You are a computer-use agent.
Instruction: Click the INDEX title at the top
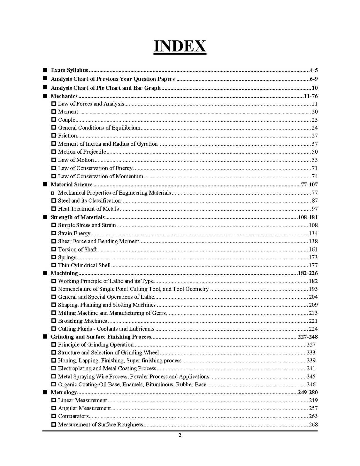[180, 46]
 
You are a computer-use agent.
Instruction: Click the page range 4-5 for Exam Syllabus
[313, 70]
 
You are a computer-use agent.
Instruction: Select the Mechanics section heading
[64, 96]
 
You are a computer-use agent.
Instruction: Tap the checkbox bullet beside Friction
[54, 136]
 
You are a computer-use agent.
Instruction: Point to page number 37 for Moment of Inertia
[314, 144]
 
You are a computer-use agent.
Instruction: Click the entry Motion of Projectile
[82, 152]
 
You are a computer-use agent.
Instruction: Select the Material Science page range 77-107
[309, 185]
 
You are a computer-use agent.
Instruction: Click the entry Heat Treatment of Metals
[88, 209]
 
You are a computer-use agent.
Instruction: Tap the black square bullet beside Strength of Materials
[45, 217]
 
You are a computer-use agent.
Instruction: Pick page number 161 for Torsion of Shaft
[313, 249]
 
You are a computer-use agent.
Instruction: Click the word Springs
[67, 257]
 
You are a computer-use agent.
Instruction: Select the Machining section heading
[64, 273]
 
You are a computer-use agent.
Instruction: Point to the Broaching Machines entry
[82, 321]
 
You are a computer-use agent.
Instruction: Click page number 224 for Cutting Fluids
[313, 329]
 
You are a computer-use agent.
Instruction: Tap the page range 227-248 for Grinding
[308, 337]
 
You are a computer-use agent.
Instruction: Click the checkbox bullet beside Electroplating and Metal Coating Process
[54, 368]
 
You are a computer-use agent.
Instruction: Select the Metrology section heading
[63, 392]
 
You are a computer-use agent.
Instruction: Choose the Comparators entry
[73, 416]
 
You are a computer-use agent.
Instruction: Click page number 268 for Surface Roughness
[313, 424]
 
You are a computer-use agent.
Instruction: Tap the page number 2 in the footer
[180, 435]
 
